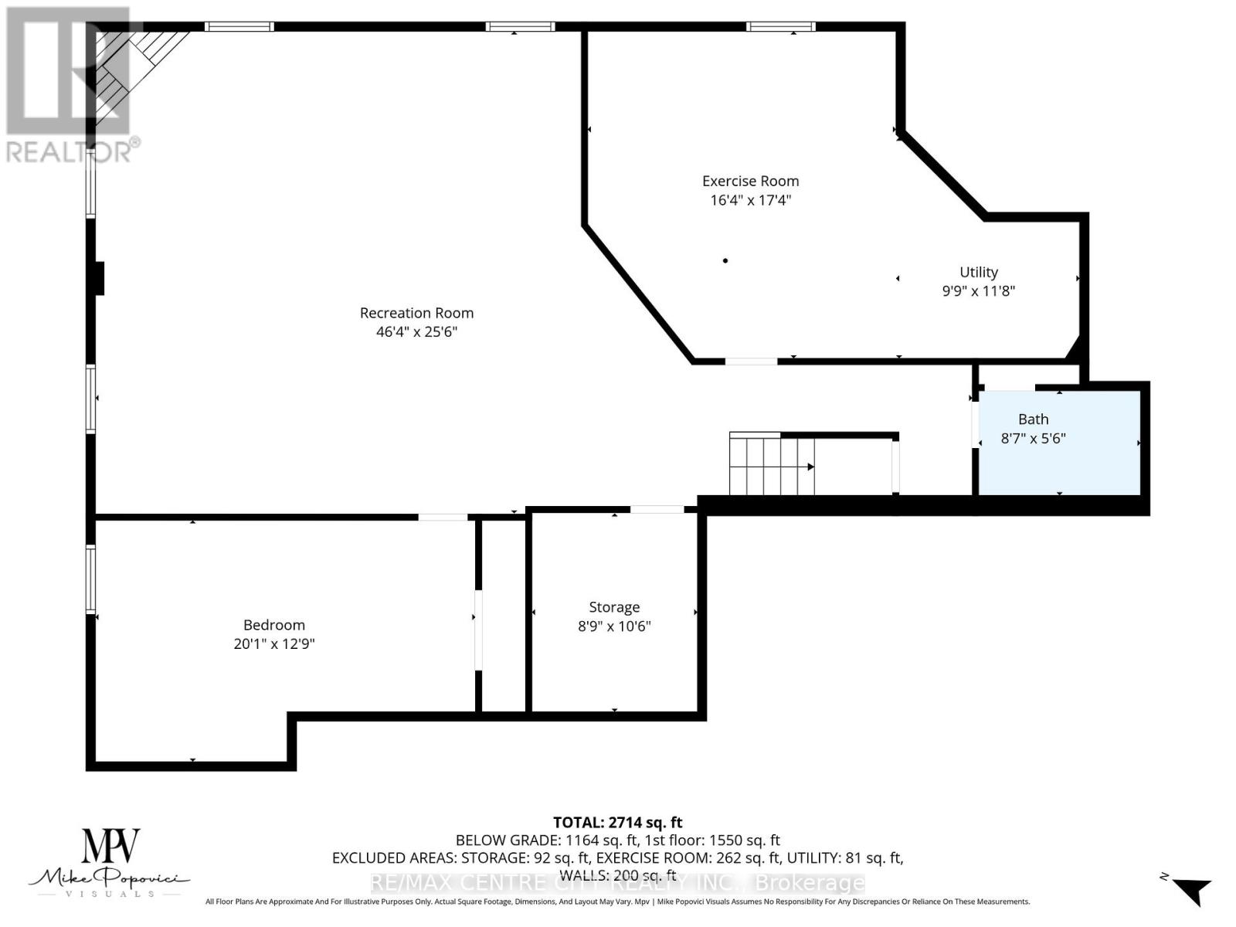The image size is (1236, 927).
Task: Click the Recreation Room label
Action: tap(416, 313)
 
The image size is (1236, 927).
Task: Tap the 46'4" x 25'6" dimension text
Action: tap(416, 332)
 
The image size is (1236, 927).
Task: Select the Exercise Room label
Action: tap(750, 181)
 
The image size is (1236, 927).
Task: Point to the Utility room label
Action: tap(978, 272)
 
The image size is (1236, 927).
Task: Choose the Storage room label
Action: tap(614, 607)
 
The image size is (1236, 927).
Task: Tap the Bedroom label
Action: tap(274, 625)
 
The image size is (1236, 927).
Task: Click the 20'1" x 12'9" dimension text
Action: tap(274, 644)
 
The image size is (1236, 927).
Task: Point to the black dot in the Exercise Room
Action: tap(725, 260)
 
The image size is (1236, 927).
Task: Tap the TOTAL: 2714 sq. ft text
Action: tap(617, 823)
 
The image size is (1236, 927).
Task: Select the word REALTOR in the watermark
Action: tap(70, 151)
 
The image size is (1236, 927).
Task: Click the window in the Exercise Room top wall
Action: tap(780, 27)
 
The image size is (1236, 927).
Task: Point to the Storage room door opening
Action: tap(657, 509)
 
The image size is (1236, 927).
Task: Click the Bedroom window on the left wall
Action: tap(90, 579)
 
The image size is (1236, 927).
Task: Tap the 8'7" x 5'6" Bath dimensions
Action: tap(1033, 439)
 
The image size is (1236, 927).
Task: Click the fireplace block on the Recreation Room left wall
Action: tap(98, 278)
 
